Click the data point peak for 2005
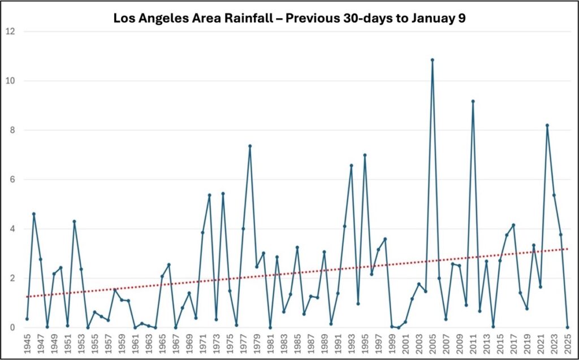point(433,60)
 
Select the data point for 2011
point(473,101)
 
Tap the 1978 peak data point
point(250,146)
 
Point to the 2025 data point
point(568,327)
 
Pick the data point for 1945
point(27,319)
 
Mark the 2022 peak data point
point(547,125)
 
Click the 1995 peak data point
point(365,155)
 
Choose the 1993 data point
point(351,166)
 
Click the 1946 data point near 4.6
point(34,214)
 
